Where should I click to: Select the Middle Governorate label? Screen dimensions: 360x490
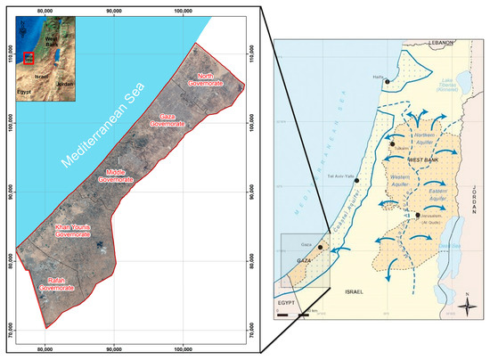click(123, 174)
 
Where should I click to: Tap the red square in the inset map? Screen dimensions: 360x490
click(29, 59)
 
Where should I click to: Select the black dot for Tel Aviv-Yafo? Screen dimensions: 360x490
click(357, 180)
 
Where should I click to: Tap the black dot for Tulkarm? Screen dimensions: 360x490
click(392, 143)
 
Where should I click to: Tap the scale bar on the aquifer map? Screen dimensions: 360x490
click(293, 313)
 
